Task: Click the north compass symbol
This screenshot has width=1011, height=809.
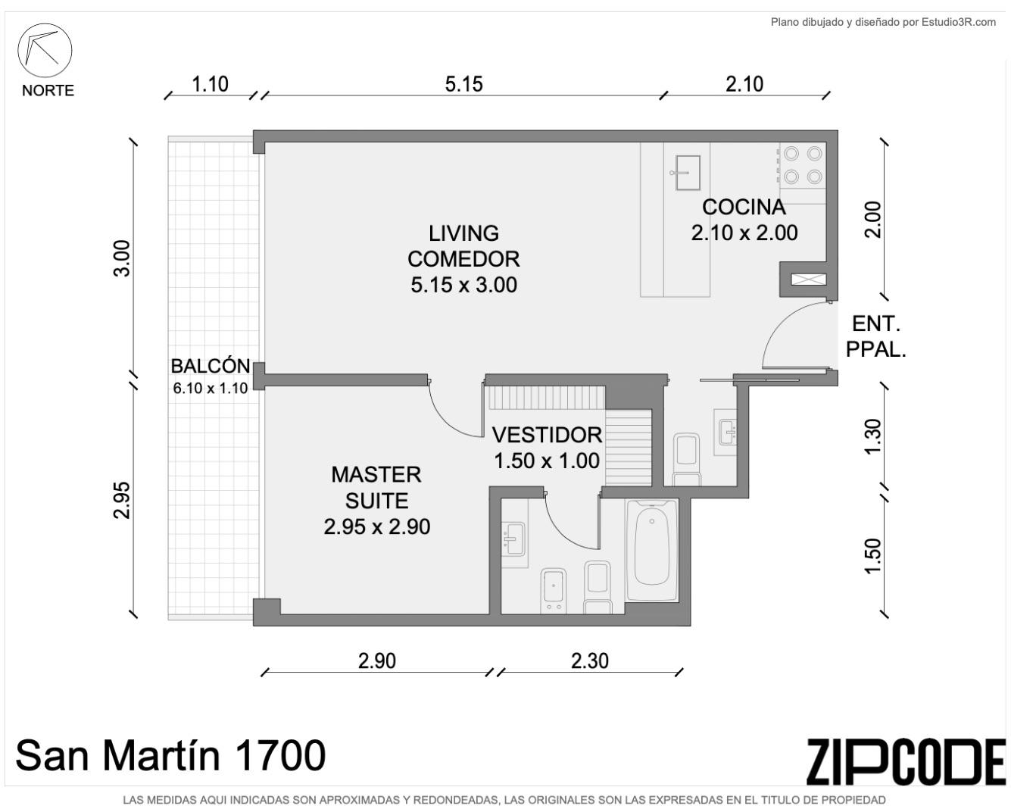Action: [45, 50]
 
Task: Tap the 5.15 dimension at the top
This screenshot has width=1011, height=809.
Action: [463, 85]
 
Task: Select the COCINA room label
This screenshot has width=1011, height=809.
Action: [744, 208]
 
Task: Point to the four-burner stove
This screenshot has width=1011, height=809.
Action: [803, 165]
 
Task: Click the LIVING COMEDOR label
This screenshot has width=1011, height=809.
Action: [463, 246]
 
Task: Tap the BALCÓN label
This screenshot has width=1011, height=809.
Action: [210, 366]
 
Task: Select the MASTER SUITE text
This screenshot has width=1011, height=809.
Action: [376, 488]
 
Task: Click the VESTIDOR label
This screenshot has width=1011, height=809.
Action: [547, 435]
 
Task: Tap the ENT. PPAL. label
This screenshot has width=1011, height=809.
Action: [875, 336]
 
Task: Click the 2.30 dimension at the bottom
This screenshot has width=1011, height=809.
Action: [590, 661]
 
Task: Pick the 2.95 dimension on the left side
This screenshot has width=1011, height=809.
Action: [122, 500]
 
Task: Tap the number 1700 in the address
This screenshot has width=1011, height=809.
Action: [279, 755]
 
